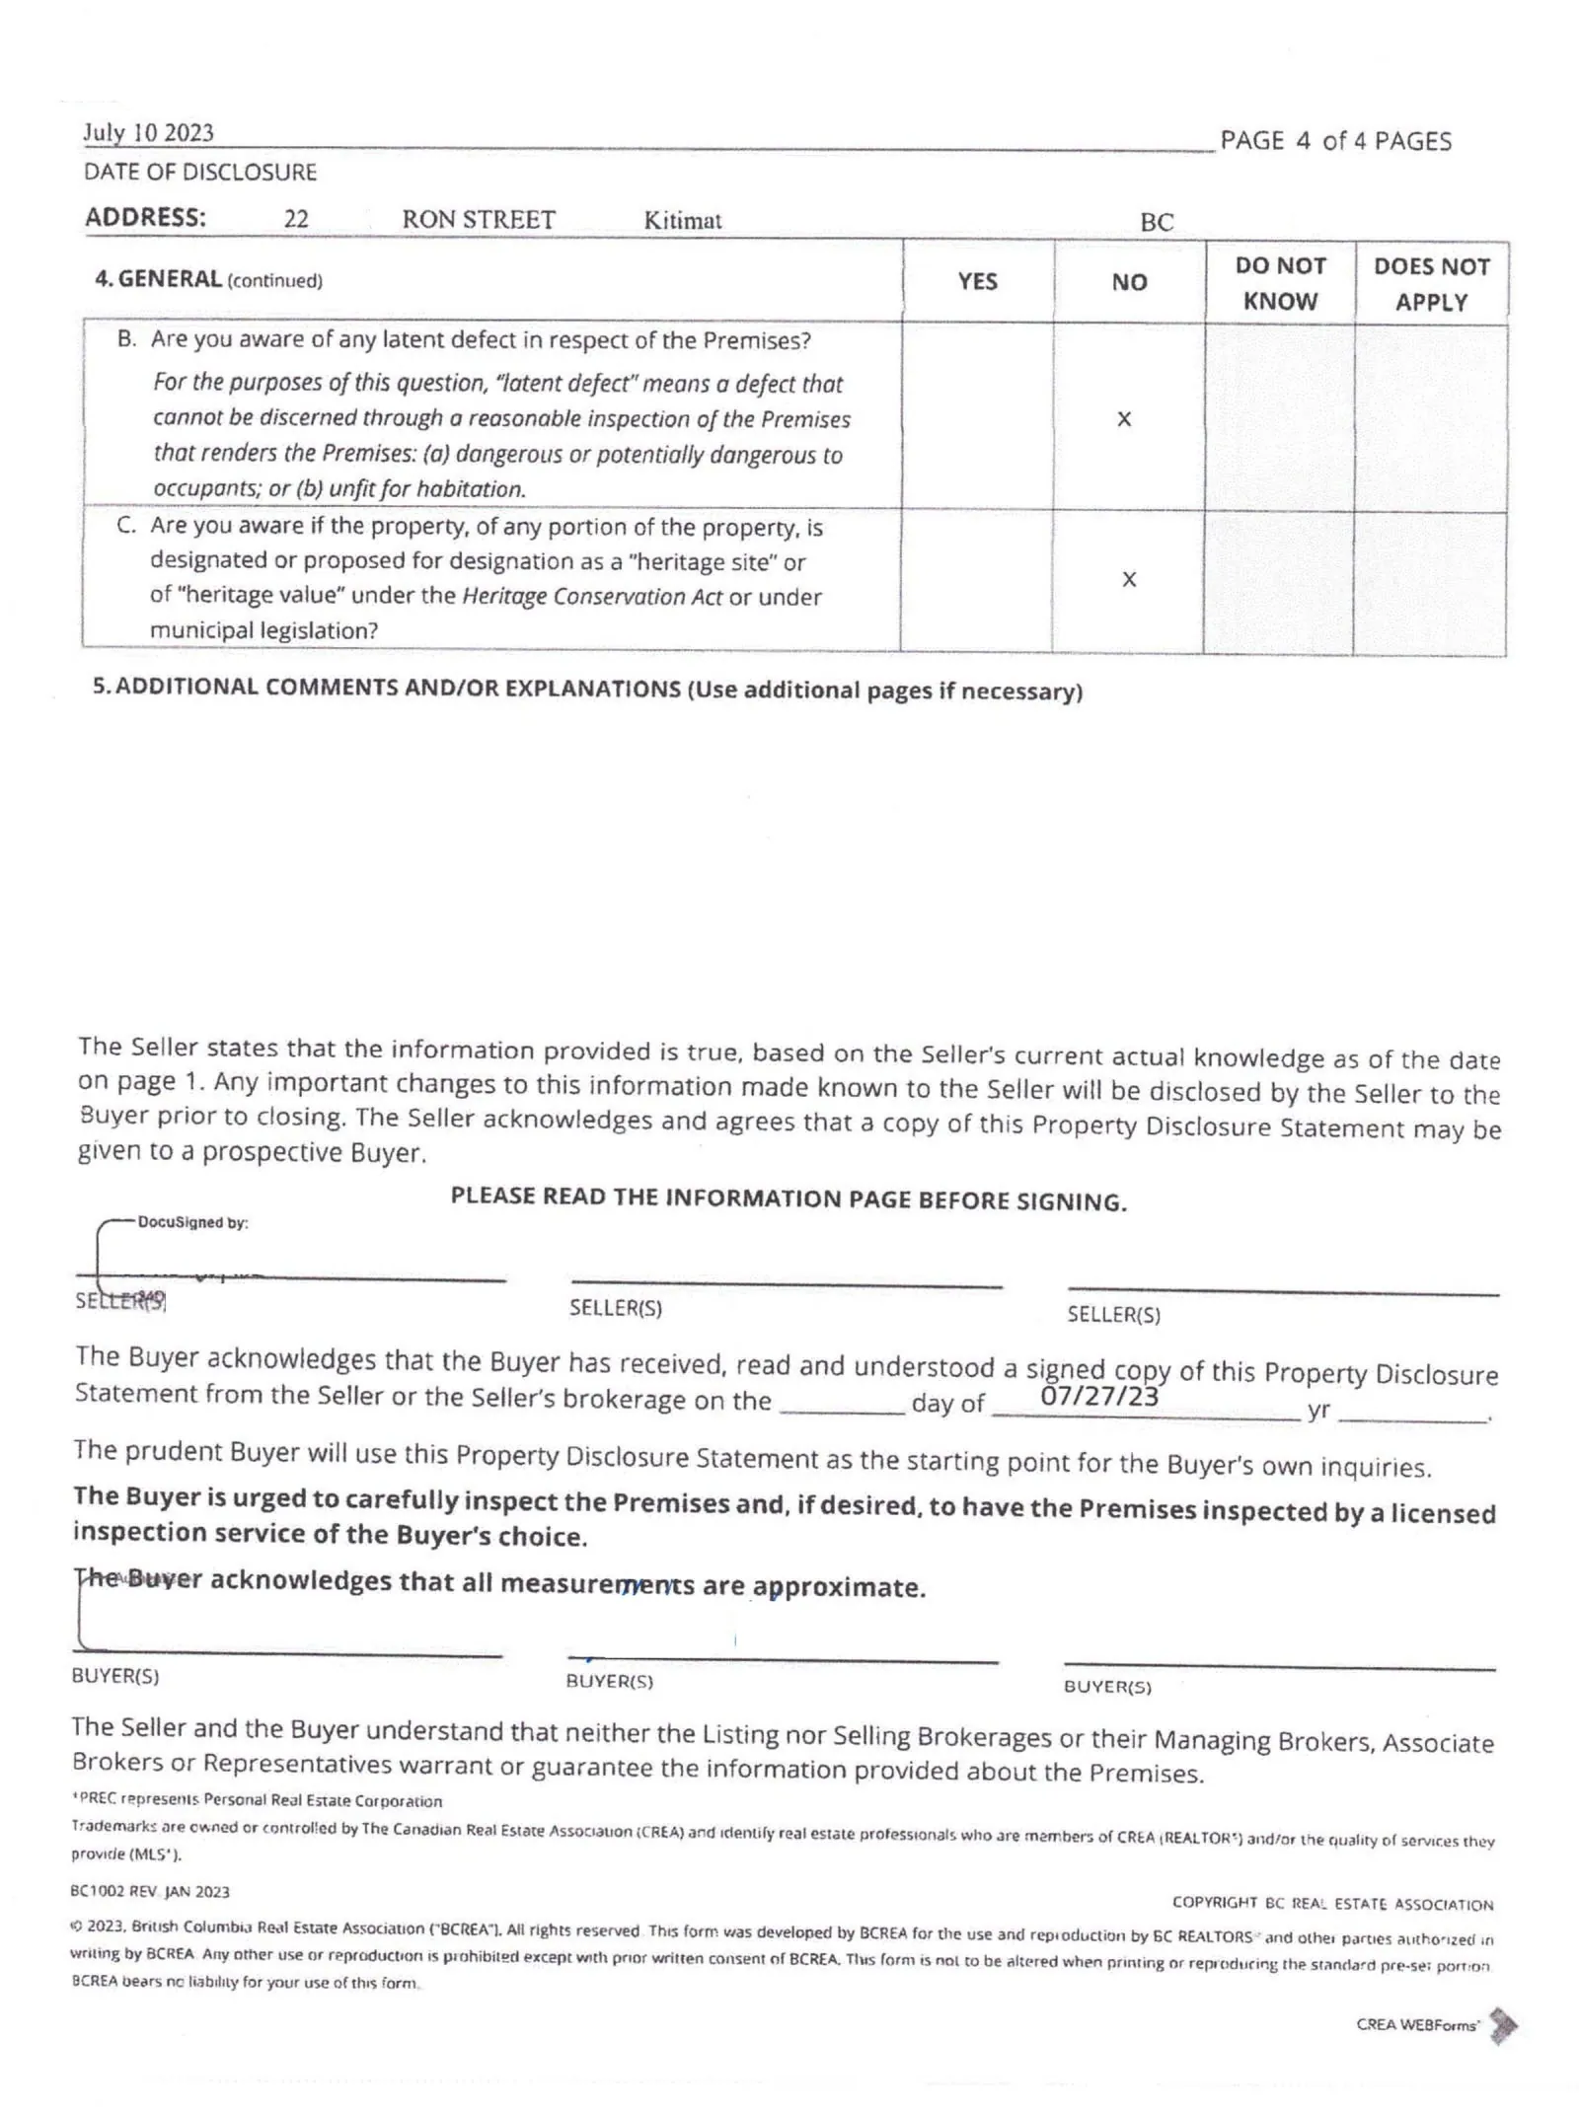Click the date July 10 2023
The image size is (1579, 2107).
click(148, 133)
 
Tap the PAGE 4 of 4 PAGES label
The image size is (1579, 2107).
click(1335, 141)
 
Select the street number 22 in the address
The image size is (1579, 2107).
click(296, 219)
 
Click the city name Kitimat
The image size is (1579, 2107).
click(682, 220)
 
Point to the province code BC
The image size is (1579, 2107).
click(1157, 222)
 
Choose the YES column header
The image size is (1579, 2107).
click(977, 282)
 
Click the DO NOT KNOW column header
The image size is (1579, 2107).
click(1280, 283)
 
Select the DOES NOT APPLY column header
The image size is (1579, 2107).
click(1431, 284)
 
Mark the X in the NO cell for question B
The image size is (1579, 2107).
click(1124, 419)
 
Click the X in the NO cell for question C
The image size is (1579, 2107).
click(1129, 579)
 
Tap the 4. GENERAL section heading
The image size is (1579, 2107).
click(208, 279)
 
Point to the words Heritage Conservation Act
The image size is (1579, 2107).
click(592, 597)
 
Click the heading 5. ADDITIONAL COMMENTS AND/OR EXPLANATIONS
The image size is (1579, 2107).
click(587, 689)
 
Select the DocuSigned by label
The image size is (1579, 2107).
click(192, 1222)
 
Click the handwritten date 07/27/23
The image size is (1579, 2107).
click(1099, 1396)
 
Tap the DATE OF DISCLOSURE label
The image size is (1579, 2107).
click(200, 172)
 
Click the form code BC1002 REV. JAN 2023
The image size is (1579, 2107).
click(150, 1891)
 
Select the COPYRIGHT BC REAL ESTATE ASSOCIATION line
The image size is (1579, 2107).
click(1332, 1903)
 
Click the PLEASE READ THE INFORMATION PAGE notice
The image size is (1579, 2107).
click(789, 1199)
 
